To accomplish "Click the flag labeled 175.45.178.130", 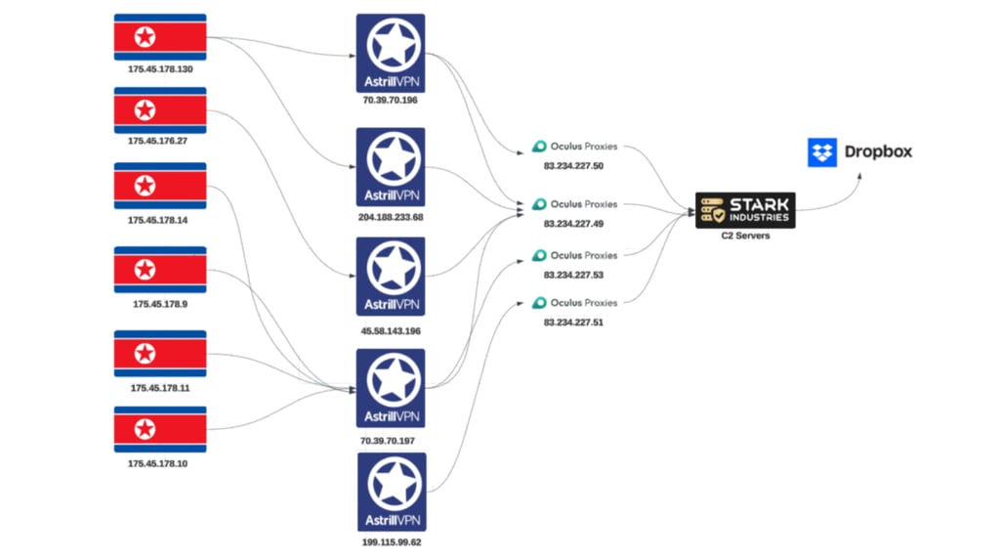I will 160,37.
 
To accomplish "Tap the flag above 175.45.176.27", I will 160,109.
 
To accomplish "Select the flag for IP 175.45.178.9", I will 160,270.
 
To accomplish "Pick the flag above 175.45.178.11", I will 160,354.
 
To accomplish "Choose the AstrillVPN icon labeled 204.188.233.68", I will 391,166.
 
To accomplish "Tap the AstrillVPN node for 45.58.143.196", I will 391,276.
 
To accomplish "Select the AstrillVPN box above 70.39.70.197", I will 391,388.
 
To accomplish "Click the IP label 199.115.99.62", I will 391,541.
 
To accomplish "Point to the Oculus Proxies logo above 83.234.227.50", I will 575,147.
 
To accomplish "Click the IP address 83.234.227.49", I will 573,224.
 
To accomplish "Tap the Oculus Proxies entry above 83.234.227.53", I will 575,255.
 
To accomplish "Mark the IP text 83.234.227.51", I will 573,322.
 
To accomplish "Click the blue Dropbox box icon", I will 822,152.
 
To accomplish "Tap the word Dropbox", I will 878,152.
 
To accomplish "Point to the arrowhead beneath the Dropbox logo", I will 860,177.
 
